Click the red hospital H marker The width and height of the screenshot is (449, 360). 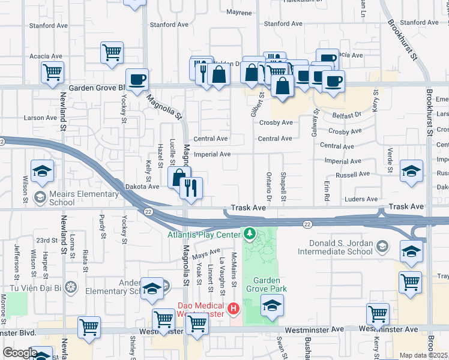click(x=234, y=310)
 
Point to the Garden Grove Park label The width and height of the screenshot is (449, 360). click(x=270, y=284)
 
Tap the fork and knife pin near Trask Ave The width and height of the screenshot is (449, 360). click(x=191, y=188)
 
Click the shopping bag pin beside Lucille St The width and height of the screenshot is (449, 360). click(x=179, y=178)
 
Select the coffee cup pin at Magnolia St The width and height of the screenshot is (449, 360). click(x=137, y=80)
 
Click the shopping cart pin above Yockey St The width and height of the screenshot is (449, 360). click(x=112, y=53)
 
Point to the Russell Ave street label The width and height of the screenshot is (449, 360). click(x=353, y=175)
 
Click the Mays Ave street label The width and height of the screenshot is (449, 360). click(x=207, y=255)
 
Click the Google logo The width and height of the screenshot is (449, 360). click(x=19, y=353)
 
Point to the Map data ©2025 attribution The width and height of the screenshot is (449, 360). click(x=424, y=355)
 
